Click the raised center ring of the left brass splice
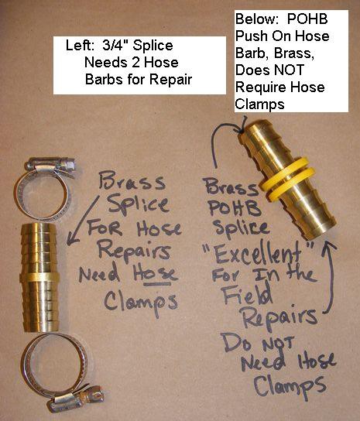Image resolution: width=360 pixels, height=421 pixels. click(x=39, y=277)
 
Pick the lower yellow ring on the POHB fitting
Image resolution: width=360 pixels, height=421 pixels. click(x=293, y=185)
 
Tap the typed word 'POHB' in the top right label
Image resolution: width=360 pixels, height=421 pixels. click(x=307, y=19)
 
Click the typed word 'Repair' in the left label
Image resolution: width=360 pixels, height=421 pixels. click(x=170, y=80)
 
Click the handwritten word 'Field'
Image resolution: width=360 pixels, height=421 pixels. click(x=249, y=296)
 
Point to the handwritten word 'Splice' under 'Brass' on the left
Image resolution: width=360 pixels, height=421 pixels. click(x=138, y=205)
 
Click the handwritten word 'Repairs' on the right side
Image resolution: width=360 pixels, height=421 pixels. click(x=279, y=318)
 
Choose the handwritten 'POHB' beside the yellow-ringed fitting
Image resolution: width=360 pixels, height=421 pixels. click(x=235, y=208)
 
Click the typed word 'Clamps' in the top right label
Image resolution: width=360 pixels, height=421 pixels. click(x=259, y=104)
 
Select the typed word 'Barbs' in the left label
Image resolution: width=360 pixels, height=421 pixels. click(x=104, y=80)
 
